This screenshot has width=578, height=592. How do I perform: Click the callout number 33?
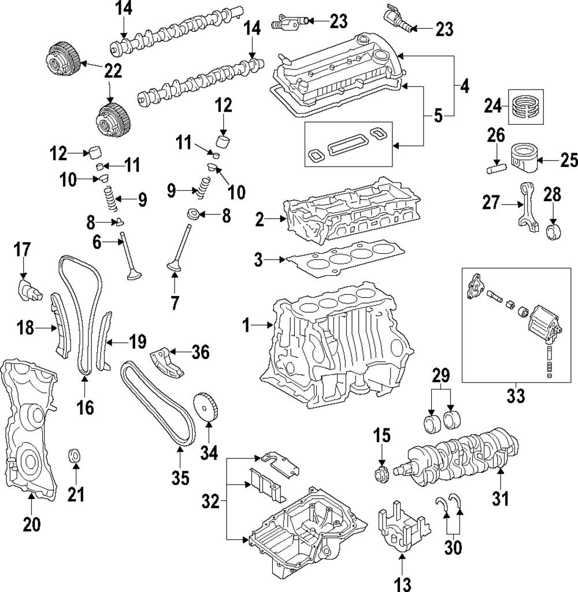point(516,395)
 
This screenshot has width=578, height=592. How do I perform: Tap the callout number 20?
point(32,524)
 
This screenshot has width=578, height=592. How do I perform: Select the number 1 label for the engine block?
point(246,325)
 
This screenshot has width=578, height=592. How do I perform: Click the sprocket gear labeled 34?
point(207,410)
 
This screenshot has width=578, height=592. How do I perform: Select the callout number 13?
point(402,584)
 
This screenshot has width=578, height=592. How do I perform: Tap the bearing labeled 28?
point(554,231)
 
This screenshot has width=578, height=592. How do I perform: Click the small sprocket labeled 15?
point(381,475)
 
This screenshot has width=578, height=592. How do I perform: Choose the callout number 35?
point(180,478)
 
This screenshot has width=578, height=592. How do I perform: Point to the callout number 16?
point(85,408)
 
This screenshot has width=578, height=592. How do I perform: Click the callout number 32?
point(210,502)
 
